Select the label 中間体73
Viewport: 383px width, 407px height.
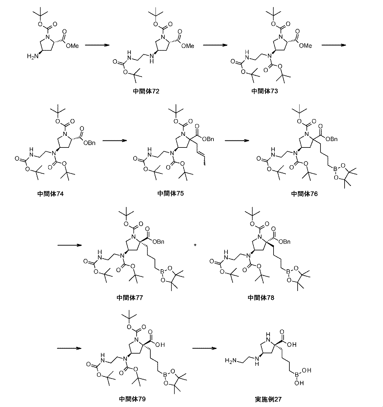tap(264, 91)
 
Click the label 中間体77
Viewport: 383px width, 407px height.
tap(130, 297)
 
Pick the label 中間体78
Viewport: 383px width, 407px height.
tap(261, 297)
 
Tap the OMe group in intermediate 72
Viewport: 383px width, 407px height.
tap(187, 45)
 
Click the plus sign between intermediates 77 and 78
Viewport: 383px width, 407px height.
tap(195, 245)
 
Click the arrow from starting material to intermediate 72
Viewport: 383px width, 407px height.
tap(97, 45)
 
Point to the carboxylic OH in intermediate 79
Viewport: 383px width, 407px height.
tap(160, 345)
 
